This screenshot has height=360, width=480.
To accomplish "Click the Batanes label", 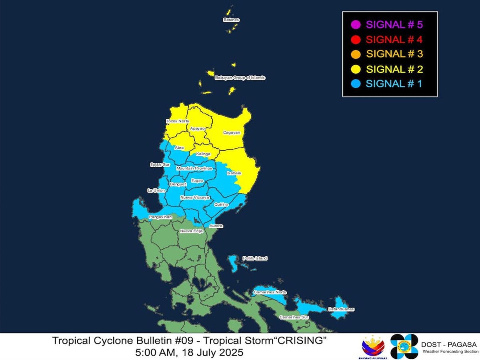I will [x=232, y=20].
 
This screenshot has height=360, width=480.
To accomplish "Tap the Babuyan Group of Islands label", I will [x=240, y=78].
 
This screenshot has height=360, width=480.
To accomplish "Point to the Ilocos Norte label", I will [x=177, y=121].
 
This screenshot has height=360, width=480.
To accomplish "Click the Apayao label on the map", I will [x=198, y=128].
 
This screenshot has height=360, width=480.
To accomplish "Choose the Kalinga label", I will [x=204, y=154].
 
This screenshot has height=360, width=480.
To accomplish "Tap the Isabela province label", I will [x=234, y=173].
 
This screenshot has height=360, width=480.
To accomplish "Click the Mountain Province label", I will [x=194, y=168].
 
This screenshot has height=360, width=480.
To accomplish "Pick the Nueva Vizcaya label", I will [x=195, y=198].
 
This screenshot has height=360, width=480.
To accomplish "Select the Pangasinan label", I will [x=160, y=217].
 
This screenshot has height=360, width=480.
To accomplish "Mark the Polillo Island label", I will [x=255, y=258].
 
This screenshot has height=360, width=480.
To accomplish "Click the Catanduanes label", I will [x=341, y=309].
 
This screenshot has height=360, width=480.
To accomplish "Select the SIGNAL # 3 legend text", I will [x=394, y=54].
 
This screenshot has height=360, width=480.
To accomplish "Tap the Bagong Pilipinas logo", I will [x=373, y=346].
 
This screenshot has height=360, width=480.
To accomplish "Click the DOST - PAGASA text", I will [x=449, y=344].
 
